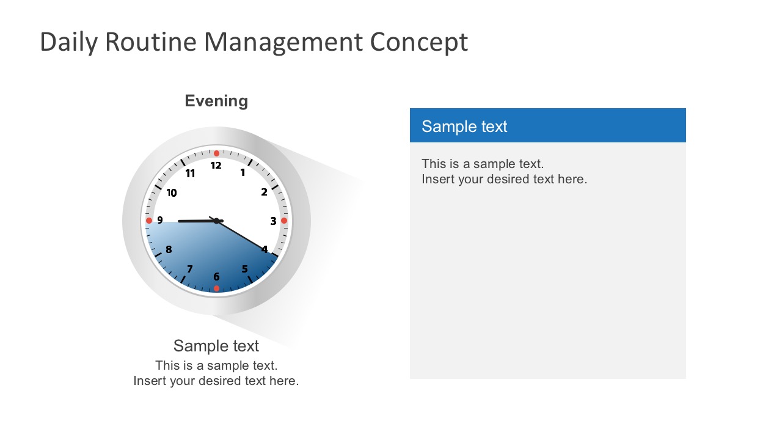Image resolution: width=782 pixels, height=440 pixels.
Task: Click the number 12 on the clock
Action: (216, 166)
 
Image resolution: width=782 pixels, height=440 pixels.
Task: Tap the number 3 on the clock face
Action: (273, 221)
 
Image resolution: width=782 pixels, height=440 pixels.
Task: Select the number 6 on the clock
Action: (216, 277)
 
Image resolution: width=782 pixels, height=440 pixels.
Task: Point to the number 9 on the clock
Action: (160, 221)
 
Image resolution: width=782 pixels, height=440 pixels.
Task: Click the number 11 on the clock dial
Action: (190, 174)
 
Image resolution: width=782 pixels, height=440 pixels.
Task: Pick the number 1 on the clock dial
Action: (243, 173)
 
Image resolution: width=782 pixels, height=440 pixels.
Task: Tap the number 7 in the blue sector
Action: (190, 269)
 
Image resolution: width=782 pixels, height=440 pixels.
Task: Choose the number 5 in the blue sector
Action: (244, 269)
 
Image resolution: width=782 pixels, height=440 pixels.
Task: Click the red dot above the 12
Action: (216, 153)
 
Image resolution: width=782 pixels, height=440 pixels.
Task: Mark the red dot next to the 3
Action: (284, 221)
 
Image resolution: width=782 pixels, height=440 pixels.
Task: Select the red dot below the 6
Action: (216, 288)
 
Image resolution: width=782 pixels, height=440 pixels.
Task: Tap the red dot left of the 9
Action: (148, 221)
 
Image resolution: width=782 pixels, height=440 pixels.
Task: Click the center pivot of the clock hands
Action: (216, 221)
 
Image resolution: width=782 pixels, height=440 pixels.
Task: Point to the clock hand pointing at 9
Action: (192, 221)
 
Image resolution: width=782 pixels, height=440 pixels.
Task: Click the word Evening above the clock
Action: (216, 101)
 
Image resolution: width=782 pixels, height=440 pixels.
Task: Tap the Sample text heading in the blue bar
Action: (464, 127)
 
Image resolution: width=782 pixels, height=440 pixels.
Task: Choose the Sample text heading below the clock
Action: (216, 346)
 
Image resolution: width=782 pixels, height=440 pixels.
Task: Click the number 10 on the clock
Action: (172, 193)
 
